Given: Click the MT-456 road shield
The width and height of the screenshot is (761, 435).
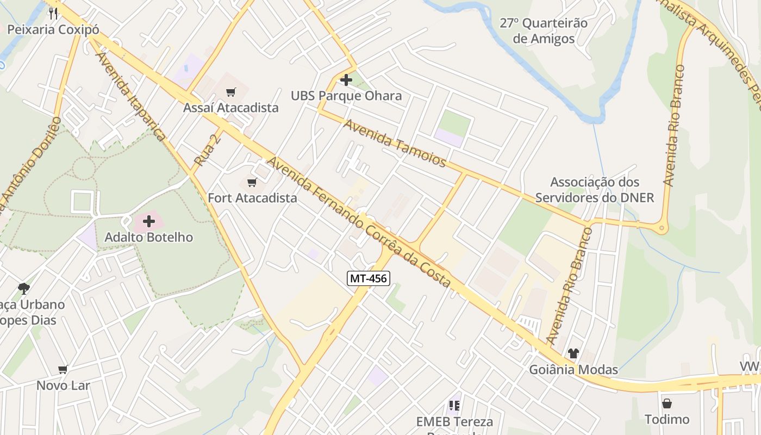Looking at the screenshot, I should (369, 279).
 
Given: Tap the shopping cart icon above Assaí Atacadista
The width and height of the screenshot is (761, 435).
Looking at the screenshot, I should (231, 92).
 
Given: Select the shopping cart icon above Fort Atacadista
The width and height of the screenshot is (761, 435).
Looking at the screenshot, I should (252, 182).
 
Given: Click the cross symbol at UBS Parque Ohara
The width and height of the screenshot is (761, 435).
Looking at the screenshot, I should (346, 80).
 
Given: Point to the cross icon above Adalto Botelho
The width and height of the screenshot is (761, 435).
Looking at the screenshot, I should (148, 221).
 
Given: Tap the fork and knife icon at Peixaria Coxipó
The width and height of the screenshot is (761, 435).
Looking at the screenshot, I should (53, 14).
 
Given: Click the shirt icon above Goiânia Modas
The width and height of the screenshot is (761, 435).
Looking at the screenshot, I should (573, 353).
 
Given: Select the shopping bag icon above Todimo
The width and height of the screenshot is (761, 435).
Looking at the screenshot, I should (666, 403).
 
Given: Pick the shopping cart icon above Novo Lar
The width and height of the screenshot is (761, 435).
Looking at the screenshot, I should (63, 370).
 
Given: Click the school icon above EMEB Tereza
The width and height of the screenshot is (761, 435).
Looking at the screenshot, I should (454, 405).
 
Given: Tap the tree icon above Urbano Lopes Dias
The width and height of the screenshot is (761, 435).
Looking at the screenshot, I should (23, 288).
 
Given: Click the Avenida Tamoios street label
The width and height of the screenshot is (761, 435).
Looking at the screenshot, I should (395, 144).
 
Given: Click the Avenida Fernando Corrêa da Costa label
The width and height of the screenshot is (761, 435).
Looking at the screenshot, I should (359, 223).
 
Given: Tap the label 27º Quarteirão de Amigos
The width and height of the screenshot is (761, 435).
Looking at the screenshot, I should (544, 31).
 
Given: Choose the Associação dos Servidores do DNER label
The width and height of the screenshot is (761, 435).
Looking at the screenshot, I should (595, 189).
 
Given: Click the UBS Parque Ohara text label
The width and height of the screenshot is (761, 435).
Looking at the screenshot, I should (346, 96).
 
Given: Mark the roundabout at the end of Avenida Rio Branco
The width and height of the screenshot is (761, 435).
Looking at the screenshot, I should (662, 228).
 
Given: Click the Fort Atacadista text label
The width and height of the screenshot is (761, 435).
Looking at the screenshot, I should (252, 198).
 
